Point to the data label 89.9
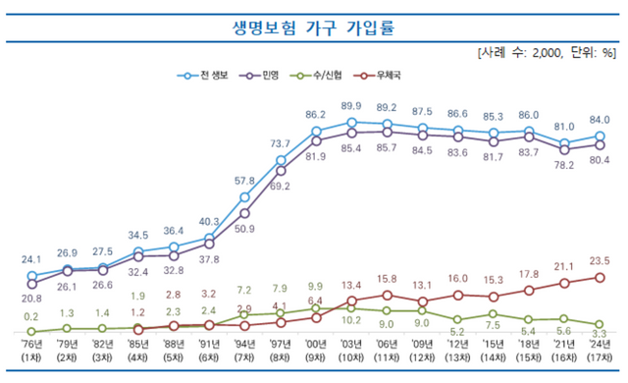(351, 106)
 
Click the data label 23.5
(599, 260)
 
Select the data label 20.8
(30, 299)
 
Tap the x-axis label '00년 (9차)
(316, 350)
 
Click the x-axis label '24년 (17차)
(599, 350)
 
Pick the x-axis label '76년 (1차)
(32, 350)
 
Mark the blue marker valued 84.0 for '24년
(599, 137)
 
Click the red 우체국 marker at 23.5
(599, 277)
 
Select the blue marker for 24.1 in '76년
(32, 276)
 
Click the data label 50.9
(244, 229)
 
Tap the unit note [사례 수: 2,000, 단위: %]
(547, 51)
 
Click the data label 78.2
(563, 165)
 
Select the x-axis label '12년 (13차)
(457, 350)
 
